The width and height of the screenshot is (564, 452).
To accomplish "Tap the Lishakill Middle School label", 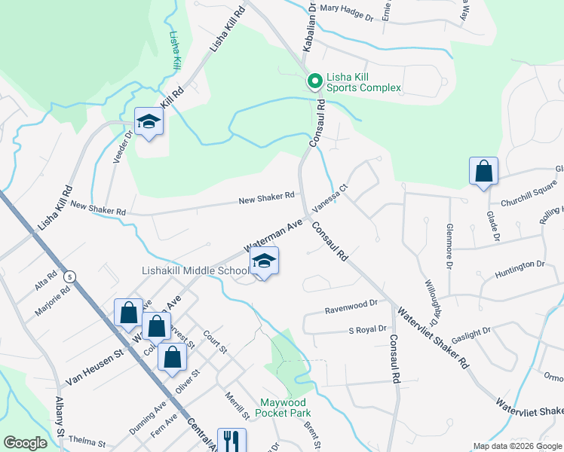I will click(195, 271).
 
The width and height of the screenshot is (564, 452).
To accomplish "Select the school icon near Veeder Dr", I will click(149, 122).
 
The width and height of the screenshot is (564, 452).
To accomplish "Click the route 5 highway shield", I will click(70, 276).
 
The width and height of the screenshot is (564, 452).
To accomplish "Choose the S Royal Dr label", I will click(367, 329).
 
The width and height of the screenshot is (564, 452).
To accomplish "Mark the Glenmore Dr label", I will click(449, 246).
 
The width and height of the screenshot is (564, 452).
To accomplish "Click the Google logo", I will click(25, 443).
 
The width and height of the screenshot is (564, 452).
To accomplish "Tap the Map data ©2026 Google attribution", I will click(516, 446).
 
